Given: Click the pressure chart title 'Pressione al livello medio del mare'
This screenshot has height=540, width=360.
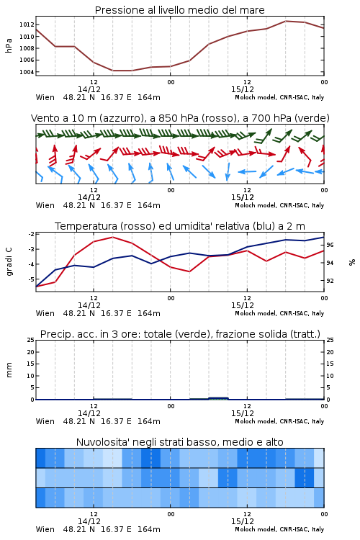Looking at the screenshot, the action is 179,10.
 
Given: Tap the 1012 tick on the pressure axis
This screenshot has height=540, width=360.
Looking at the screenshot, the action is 27,24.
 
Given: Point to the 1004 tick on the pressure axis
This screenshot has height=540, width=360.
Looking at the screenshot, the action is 27,72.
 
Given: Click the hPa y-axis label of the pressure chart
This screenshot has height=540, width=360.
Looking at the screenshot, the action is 9,45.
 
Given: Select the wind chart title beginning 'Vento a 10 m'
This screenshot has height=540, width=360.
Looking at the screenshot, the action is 180,118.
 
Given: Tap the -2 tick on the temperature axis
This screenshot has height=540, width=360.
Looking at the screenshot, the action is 31,234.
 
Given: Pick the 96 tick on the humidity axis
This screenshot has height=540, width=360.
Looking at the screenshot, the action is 330,245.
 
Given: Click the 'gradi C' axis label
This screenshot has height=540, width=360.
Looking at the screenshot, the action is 9,261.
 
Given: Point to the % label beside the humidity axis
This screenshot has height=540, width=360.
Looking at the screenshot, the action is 352,262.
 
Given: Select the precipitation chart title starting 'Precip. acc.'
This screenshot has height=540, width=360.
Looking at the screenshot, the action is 180,334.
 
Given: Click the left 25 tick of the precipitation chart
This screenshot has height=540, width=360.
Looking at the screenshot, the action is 31,340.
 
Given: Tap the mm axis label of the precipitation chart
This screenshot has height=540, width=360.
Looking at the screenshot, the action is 9,369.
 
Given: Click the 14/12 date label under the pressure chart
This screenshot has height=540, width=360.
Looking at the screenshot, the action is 89,89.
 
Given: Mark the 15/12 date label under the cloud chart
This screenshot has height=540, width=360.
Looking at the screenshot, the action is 243,521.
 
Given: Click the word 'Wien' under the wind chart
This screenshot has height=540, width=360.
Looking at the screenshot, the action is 45,205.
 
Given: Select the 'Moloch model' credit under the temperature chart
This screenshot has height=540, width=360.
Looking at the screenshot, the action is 256,313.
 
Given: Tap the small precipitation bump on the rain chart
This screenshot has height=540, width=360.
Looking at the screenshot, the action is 218,398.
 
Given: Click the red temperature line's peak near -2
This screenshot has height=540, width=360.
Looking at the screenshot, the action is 112,238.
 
